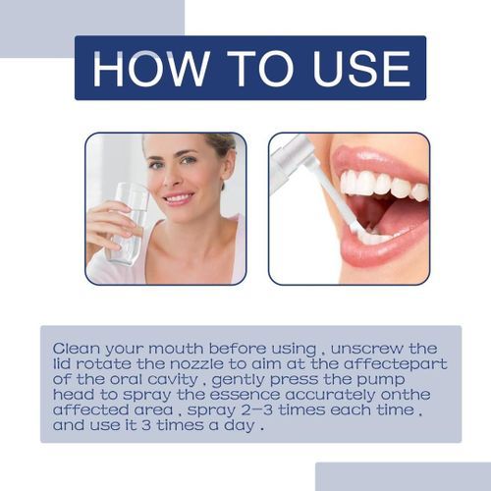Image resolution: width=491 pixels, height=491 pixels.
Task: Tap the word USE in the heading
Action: coord(357,68)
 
